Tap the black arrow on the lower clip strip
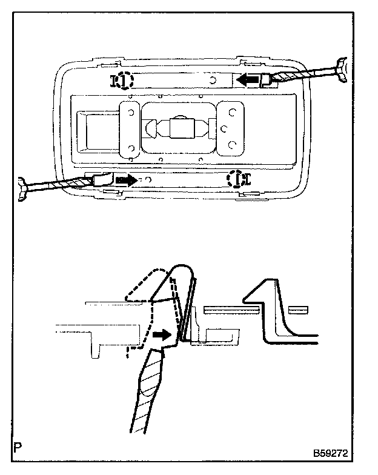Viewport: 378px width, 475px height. [x=126, y=180]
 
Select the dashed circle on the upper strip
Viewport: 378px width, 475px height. [x=123, y=80]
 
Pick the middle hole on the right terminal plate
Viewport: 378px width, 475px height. [x=224, y=128]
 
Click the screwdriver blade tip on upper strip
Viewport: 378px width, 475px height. [x=265, y=79]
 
